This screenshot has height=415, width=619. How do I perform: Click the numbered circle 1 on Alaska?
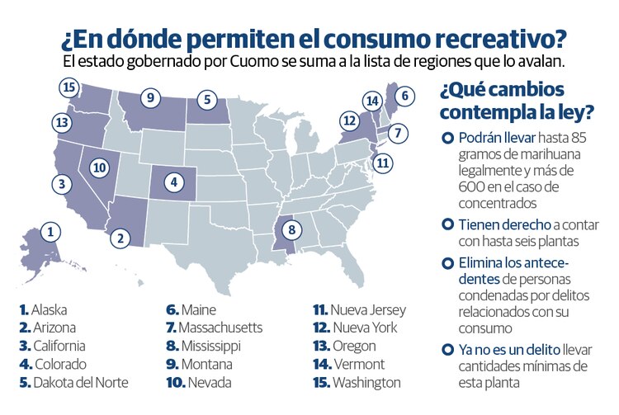pyautogui.click(x=51, y=232)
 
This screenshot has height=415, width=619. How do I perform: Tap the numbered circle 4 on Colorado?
pyautogui.click(x=174, y=182)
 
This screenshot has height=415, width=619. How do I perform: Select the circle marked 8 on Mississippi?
pyautogui.click(x=291, y=229)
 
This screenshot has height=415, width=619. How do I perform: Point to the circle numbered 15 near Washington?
pyautogui.click(x=69, y=87)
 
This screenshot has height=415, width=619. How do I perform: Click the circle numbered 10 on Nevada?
pyautogui.click(x=99, y=167)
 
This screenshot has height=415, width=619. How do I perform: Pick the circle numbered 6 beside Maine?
pyautogui.click(x=404, y=97)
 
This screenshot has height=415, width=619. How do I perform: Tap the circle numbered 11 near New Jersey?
pyautogui.click(x=382, y=163)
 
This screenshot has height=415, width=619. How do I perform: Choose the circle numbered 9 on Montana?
pyautogui.click(x=149, y=97)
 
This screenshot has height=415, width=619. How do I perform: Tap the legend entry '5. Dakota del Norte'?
pyautogui.click(x=74, y=383)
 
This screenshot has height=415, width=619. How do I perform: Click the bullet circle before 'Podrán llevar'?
pyautogui.click(x=447, y=138)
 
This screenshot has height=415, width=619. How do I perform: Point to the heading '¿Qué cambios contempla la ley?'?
pyautogui.click(x=516, y=100)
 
